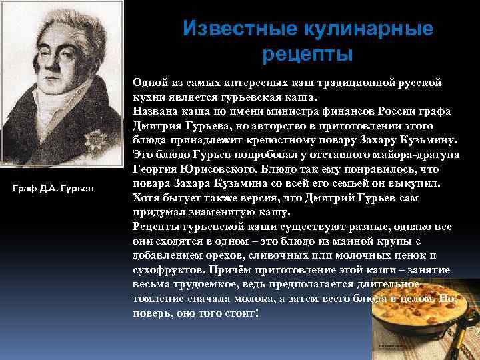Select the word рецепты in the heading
(307, 54)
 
